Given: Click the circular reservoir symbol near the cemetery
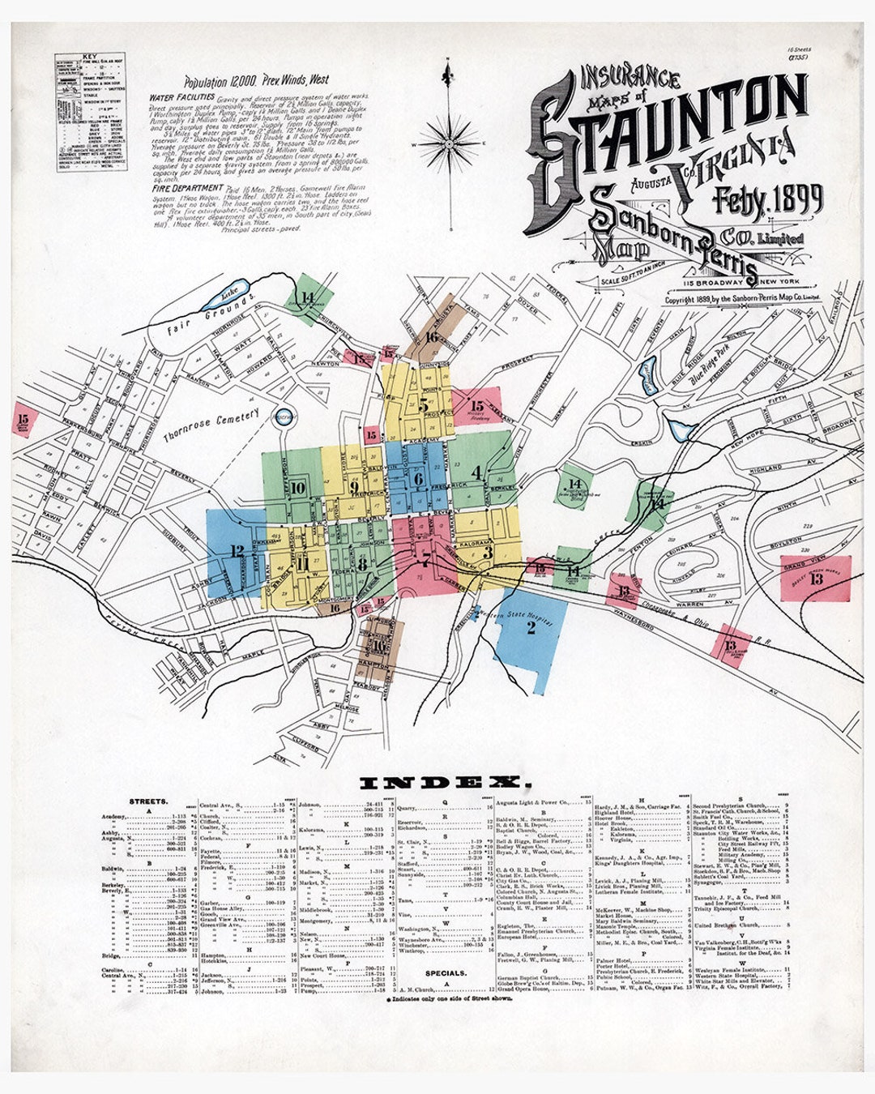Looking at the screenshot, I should tap(283, 417).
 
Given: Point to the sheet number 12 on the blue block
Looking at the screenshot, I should tap(237, 551).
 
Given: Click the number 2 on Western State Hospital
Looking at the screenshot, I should tap(531, 626).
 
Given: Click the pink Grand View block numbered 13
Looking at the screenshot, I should tap(815, 577).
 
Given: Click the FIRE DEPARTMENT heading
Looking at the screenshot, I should tap(177, 188).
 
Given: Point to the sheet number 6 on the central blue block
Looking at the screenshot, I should tap(418, 479).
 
